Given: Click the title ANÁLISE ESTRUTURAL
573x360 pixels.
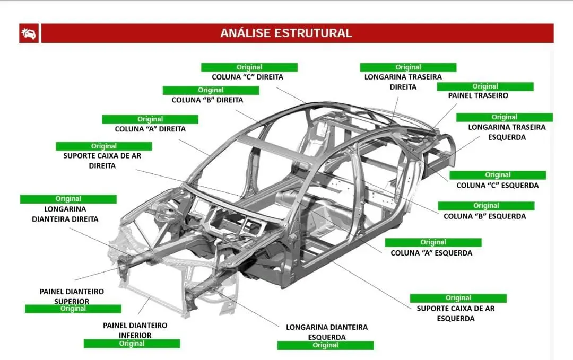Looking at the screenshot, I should [286, 33].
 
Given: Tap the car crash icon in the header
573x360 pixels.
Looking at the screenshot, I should [29, 33].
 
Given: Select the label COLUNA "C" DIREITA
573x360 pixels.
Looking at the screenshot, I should [247, 77].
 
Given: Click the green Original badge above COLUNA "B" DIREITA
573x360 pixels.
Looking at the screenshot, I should [211, 90].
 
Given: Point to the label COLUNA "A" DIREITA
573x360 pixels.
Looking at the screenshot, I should [150, 129].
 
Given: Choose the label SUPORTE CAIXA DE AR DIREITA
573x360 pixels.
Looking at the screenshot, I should [102, 161].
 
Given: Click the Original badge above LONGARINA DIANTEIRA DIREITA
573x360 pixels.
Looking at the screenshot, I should [68, 199].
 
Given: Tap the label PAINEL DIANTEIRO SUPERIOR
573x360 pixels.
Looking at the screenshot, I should [72, 296].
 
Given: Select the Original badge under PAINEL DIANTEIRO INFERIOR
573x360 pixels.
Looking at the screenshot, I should [132, 344].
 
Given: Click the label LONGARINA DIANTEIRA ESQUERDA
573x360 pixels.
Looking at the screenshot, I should [326, 332].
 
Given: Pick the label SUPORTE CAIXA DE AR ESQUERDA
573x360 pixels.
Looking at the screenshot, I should [455, 313].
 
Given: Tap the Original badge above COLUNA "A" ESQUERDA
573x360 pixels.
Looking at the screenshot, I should [433, 242].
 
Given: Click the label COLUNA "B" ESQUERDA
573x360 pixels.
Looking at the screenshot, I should [484, 216].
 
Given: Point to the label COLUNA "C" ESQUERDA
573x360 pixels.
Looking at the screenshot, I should [497, 185].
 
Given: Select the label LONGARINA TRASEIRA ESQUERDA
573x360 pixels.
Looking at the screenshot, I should [506, 132].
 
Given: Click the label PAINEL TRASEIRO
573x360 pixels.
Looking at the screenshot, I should [477, 96].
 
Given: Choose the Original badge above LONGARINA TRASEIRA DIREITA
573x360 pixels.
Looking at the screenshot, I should [408, 67].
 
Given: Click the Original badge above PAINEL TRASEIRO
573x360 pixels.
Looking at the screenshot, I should [485, 86].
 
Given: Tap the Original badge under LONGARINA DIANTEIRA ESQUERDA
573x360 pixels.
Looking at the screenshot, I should [325, 345].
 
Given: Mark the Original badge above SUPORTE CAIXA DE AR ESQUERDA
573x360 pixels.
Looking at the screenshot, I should [458, 298].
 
